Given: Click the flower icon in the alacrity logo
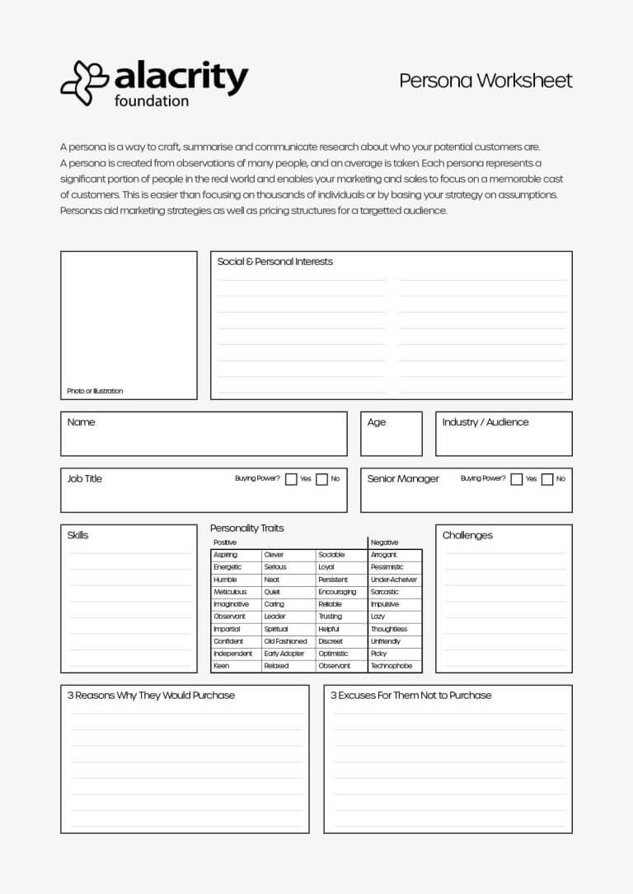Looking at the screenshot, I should coord(85,83).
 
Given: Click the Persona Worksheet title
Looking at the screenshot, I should coord(485,81).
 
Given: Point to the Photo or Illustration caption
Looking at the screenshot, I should coord(95,391).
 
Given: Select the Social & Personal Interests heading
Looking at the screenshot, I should coord(274,262).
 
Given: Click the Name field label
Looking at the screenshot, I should coord(81,422).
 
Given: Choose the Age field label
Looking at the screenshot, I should coord(377,422).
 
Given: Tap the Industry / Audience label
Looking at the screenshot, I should coord(485,422).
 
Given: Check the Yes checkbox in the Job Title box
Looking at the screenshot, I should coord(291,479).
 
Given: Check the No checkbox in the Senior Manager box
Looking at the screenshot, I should coord(547,479).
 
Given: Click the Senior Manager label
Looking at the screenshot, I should coord(403,479).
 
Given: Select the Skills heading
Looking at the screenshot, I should coord(77,535).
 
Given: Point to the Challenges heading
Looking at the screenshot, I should coord(467,535).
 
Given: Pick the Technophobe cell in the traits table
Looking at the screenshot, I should coord(392,666).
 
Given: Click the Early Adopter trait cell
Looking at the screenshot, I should coord(284,654).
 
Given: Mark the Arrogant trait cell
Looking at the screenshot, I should coord(384,555).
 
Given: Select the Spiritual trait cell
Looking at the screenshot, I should coord(276,629).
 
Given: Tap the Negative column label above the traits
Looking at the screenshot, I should coord(384,542).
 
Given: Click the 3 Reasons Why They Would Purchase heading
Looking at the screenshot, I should coord(151,696).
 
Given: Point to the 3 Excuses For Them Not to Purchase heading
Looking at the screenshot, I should coord(410,696).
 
